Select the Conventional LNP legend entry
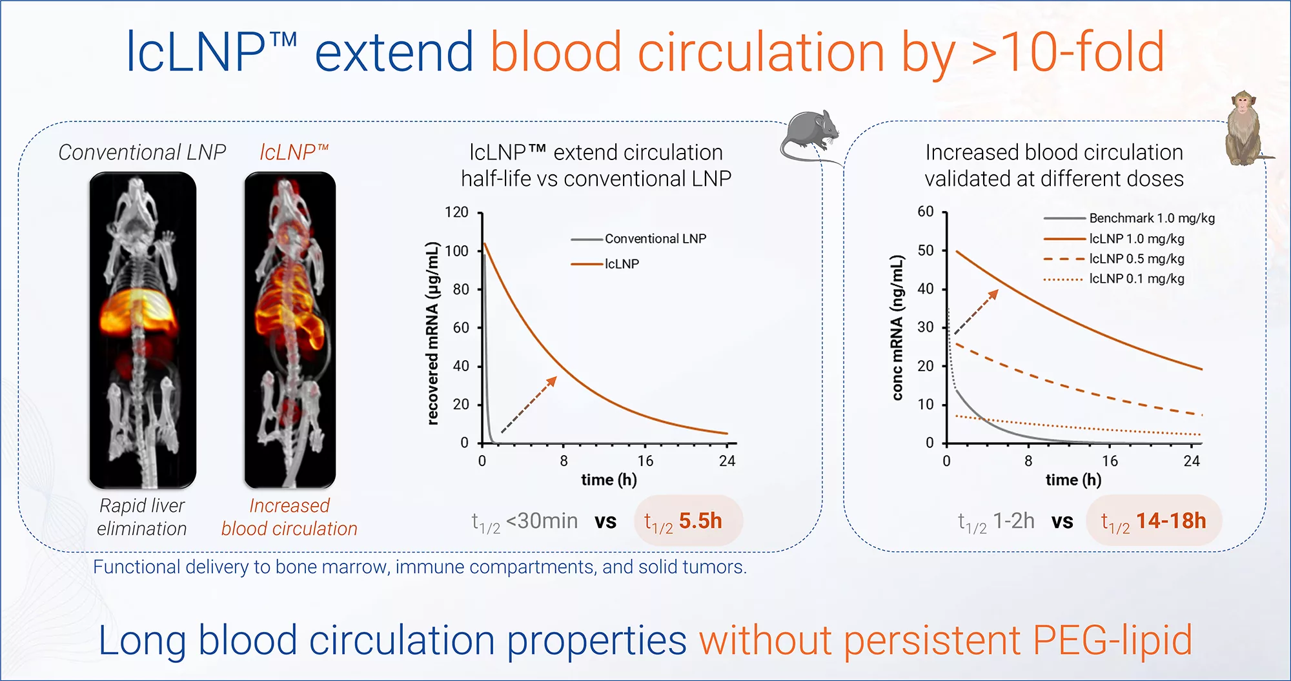tap(655, 239)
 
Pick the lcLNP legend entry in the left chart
tap(621, 264)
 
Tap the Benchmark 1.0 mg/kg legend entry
tap(1151, 218)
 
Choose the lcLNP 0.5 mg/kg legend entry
tap(1136, 259)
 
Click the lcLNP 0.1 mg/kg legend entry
tap(1136, 279)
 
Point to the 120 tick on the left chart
tap(456, 212)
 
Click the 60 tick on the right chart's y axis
tap(925, 212)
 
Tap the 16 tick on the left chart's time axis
tap(645, 461)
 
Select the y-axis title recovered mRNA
tap(432, 333)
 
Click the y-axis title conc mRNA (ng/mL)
tap(897, 328)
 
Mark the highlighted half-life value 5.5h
tap(700, 521)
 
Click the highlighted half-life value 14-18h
tap(1170, 521)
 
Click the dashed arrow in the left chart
tap(528, 405)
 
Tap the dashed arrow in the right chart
tap(976, 312)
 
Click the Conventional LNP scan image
tap(142, 330)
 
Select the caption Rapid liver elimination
tap(142, 517)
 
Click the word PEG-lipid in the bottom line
tap(1112, 640)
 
